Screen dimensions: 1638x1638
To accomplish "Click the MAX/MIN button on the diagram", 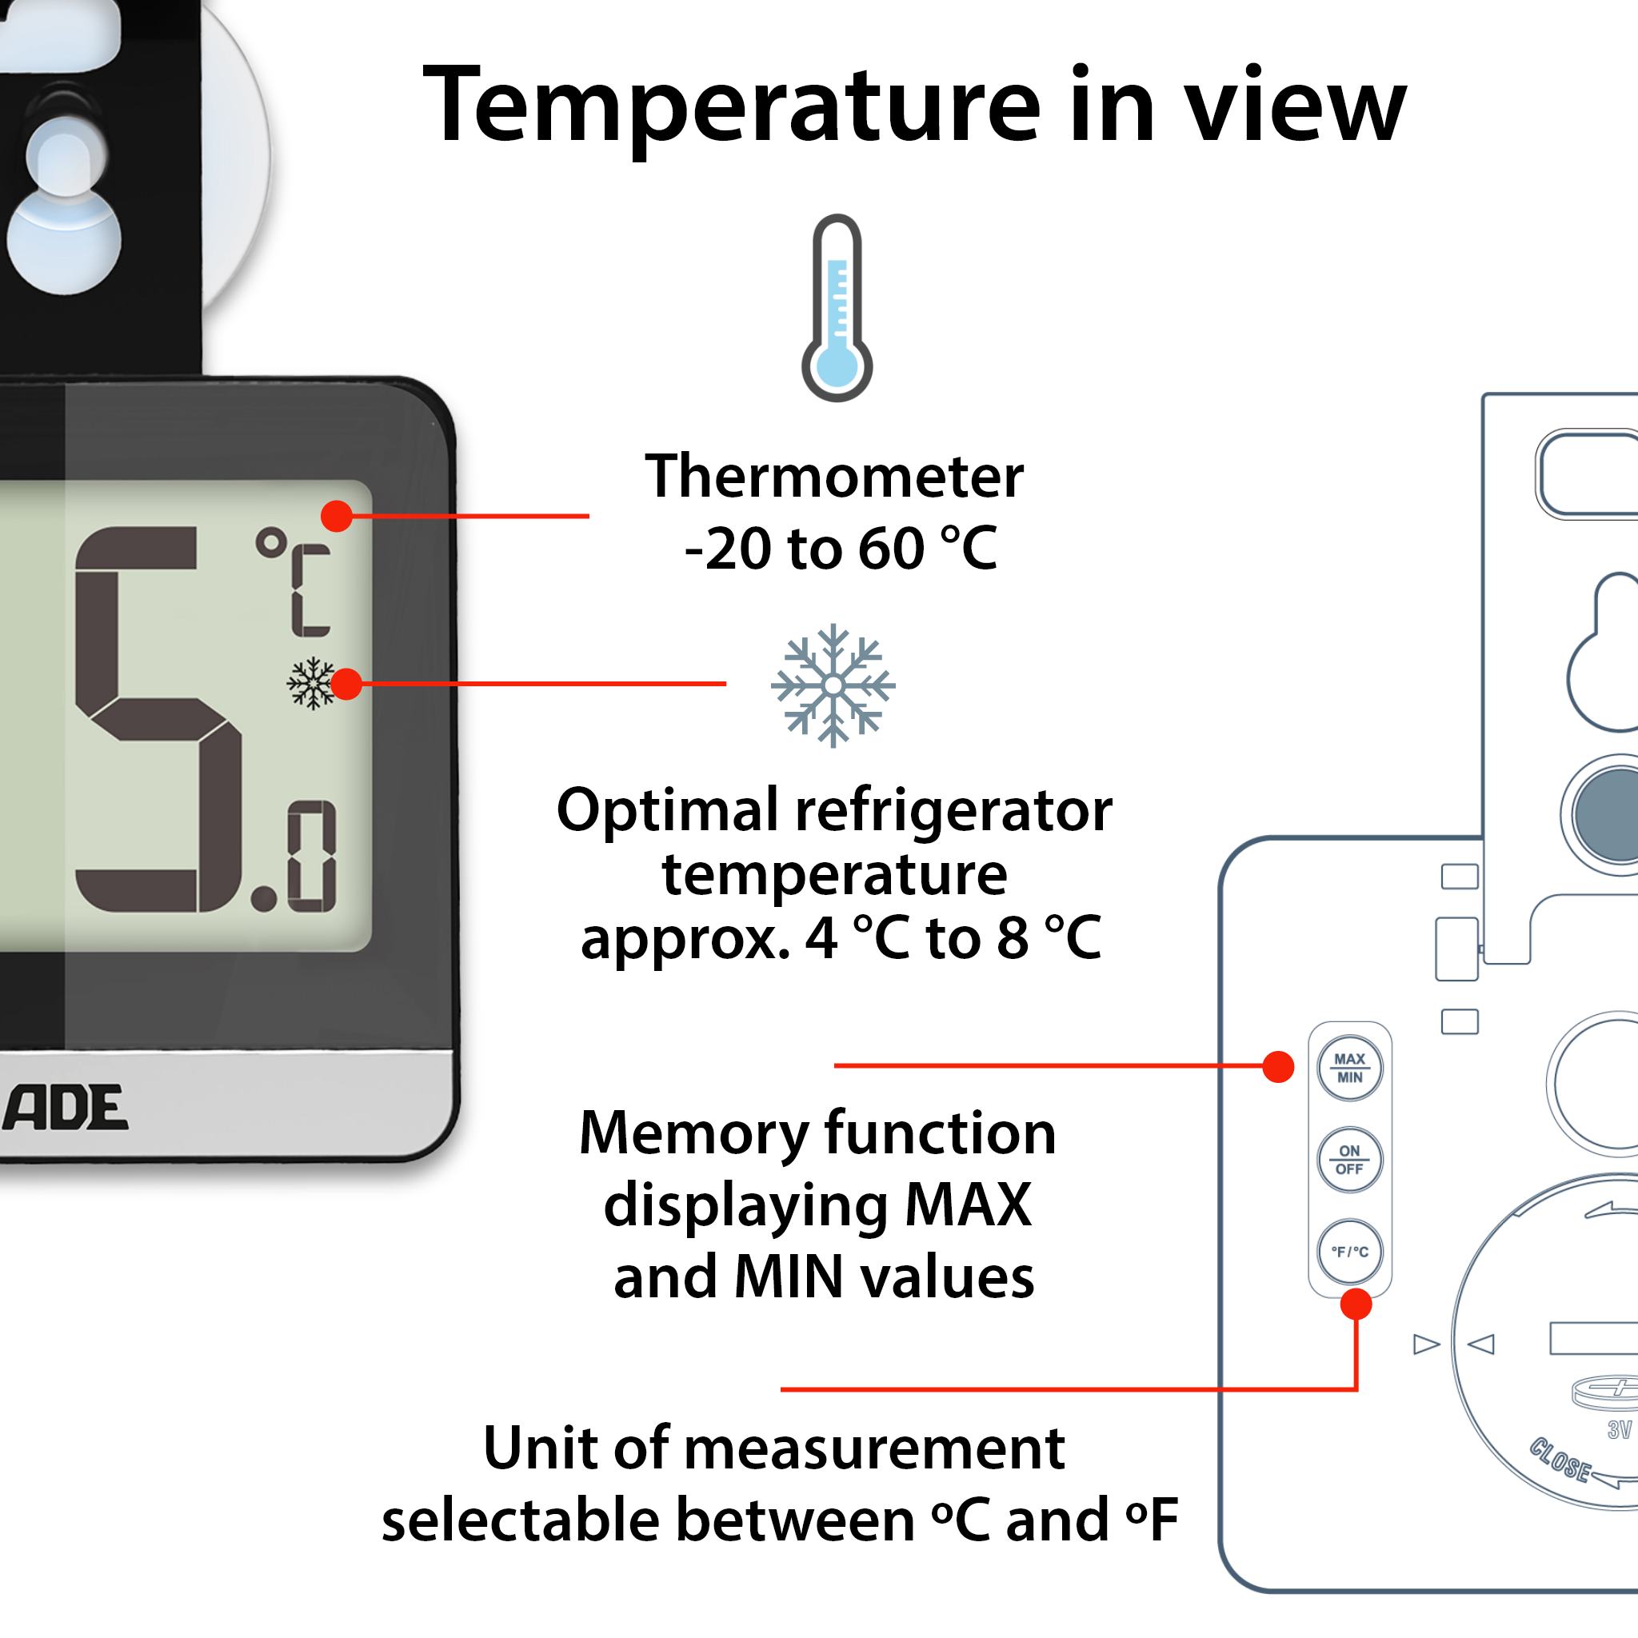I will [1350, 1069].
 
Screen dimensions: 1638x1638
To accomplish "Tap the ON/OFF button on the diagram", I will [1350, 1160].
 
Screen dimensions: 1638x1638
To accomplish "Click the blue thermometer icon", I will [837, 308].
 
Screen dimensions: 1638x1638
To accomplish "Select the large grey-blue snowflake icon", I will [833, 685].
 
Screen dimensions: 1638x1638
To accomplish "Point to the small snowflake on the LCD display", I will [311, 682].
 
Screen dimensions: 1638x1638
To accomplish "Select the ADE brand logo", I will [66, 1107].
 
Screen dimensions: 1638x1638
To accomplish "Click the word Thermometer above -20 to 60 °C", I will [834, 477].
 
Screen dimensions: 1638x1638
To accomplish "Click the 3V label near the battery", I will [1619, 1431].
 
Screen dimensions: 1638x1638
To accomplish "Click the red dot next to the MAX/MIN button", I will [1277, 1067].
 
